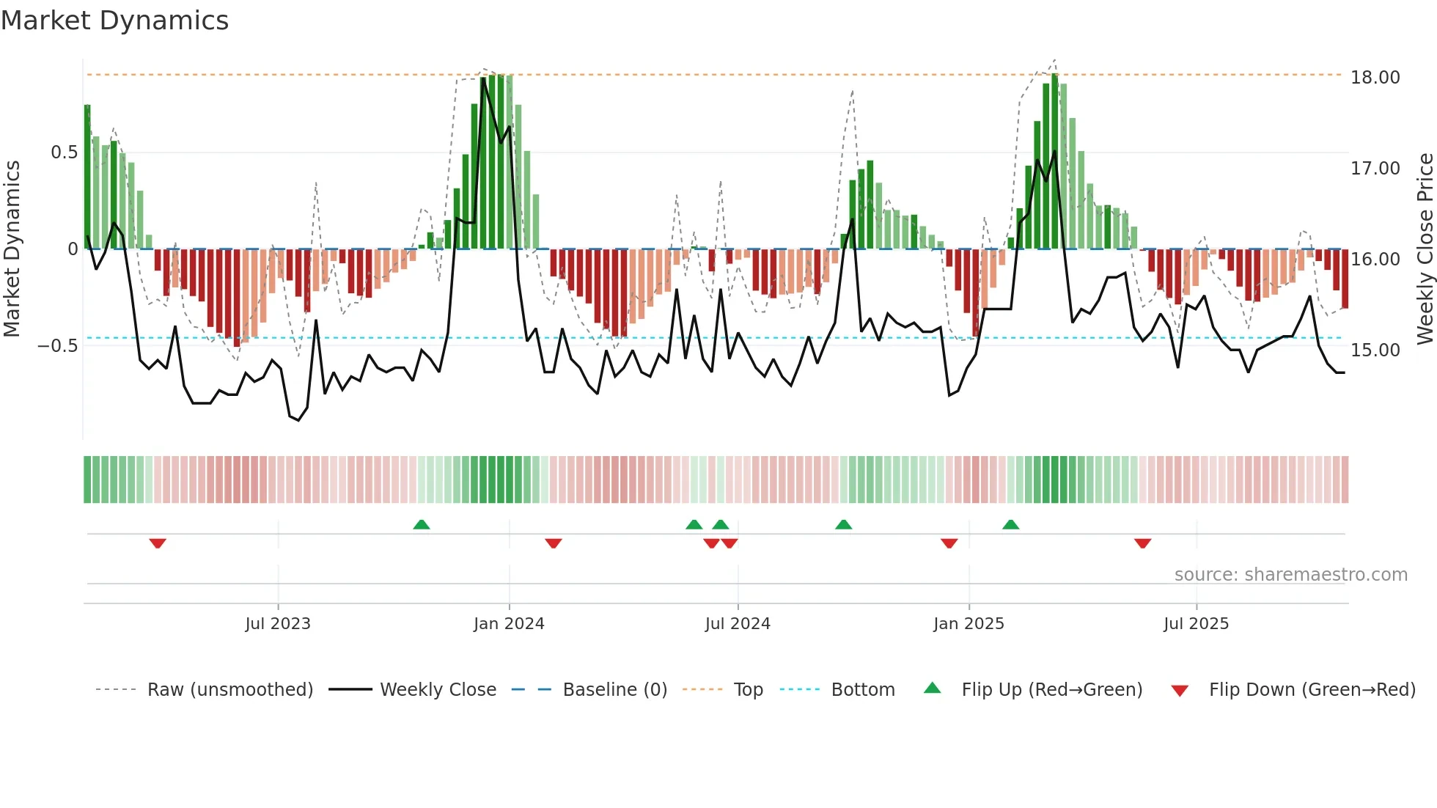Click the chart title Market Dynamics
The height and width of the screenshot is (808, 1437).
[114, 21]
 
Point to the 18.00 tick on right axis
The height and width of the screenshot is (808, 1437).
[1375, 78]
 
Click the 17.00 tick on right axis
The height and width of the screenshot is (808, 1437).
[1375, 169]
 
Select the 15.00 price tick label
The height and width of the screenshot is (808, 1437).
[1375, 350]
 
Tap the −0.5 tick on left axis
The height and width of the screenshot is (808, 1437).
[57, 346]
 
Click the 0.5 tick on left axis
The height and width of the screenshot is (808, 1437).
[64, 153]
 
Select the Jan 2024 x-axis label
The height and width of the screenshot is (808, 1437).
[509, 624]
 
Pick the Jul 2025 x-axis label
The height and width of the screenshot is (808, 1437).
[1196, 624]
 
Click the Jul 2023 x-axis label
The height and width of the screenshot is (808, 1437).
[278, 624]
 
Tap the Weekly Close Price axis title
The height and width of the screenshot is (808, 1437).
[1425, 249]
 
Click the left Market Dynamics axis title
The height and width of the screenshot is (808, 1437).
[12, 249]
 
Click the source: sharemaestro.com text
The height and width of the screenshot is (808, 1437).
[1290, 575]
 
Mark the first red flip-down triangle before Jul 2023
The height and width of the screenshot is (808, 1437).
[158, 543]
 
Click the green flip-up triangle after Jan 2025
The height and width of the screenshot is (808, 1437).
[1010, 524]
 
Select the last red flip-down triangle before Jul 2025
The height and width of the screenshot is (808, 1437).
[1142, 543]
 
